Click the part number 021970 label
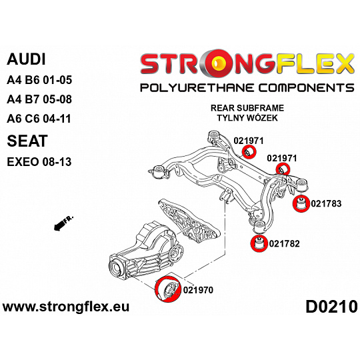198,290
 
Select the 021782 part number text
284,243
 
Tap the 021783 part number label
326,203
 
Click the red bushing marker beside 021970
168,289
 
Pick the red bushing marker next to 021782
259,243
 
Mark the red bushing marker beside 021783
301,203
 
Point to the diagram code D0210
331,307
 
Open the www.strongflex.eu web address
66,307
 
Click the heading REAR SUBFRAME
247,108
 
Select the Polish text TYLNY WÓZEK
247,118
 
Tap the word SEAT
27,141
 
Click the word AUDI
26,59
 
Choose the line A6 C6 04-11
39,119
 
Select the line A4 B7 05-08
39,99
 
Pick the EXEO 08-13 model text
39,162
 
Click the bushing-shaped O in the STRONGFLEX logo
219,63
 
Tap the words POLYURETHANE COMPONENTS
247,88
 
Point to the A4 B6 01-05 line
39,80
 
